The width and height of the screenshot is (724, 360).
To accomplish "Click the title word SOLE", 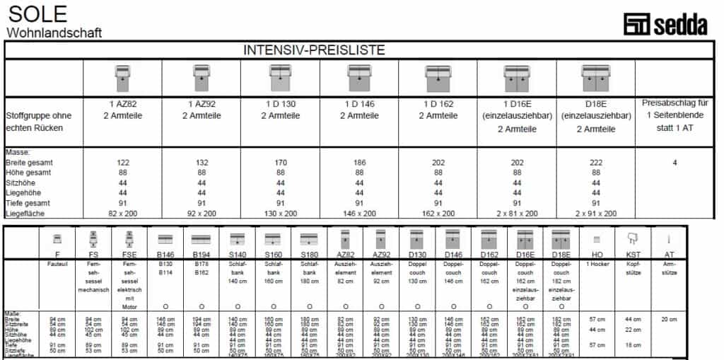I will click(37, 13).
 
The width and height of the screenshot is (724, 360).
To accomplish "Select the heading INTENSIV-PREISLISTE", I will click(314, 50).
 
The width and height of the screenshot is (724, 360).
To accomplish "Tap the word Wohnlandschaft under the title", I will click(54, 33).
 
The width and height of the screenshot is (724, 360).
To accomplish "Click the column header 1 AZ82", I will click(123, 103).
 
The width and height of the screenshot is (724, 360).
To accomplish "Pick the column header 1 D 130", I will click(281, 103).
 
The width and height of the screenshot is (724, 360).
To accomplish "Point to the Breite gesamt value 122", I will click(123, 162).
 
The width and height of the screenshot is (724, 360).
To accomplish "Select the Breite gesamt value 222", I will click(596, 162).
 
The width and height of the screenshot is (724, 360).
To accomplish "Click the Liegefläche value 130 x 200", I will click(281, 212).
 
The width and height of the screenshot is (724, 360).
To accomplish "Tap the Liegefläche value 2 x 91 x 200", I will click(596, 212).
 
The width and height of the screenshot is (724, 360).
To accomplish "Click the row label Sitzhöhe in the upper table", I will click(23, 182).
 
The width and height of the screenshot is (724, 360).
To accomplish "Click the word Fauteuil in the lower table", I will click(57, 262).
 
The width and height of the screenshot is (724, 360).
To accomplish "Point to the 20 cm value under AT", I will click(669, 319).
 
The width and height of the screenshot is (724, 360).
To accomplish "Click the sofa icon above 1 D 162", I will click(438, 74).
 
